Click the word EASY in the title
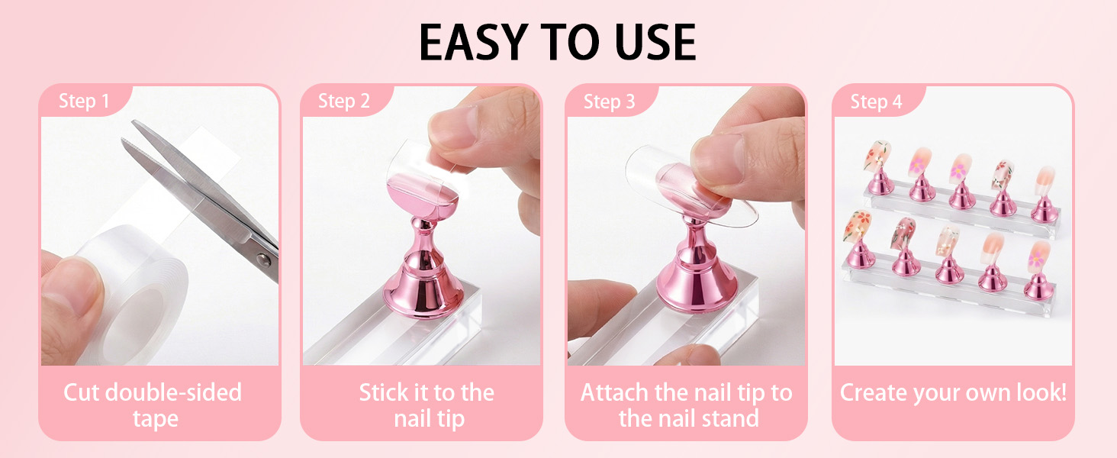[x=474, y=42]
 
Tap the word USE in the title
[x=655, y=42]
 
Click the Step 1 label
[x=84, y=102]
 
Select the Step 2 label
[x=344, y=102]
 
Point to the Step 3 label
[x=610, y=102]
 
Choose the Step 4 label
[x=876, y=102]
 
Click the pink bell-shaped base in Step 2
[x=423, y=279]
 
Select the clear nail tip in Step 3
[x=690, y=187]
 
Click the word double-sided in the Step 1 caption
[x=173, y=392]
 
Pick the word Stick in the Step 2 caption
[x=382, y=392]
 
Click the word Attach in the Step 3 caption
[x=615, y=392]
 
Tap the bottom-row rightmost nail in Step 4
[x=1039, y=256]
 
